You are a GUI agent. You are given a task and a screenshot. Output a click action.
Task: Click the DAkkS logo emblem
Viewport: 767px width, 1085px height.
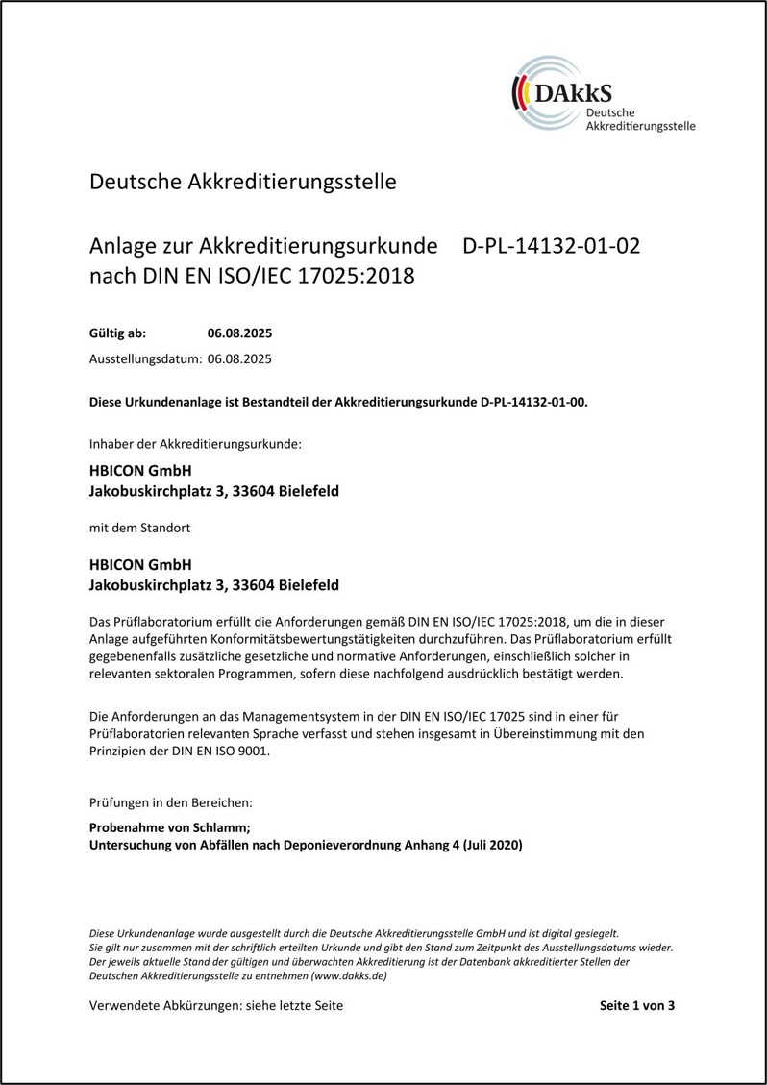545,94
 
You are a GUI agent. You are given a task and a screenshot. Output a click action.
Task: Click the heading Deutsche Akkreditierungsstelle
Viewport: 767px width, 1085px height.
242,181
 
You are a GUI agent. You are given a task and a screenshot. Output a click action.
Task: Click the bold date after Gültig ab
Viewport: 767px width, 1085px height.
239,334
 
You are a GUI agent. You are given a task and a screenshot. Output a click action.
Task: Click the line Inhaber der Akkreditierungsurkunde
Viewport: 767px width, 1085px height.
195,444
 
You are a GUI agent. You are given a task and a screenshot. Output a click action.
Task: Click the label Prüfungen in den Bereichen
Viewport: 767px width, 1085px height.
171,801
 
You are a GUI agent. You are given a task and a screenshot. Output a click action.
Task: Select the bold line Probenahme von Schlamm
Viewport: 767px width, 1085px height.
169,827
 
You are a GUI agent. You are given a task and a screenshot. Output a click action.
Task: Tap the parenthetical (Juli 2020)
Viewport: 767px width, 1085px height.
493,845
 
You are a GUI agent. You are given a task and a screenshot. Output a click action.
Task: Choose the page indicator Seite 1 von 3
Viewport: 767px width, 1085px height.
637,1006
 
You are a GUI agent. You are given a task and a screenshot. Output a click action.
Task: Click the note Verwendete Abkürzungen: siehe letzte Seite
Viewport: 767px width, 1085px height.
215,1006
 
